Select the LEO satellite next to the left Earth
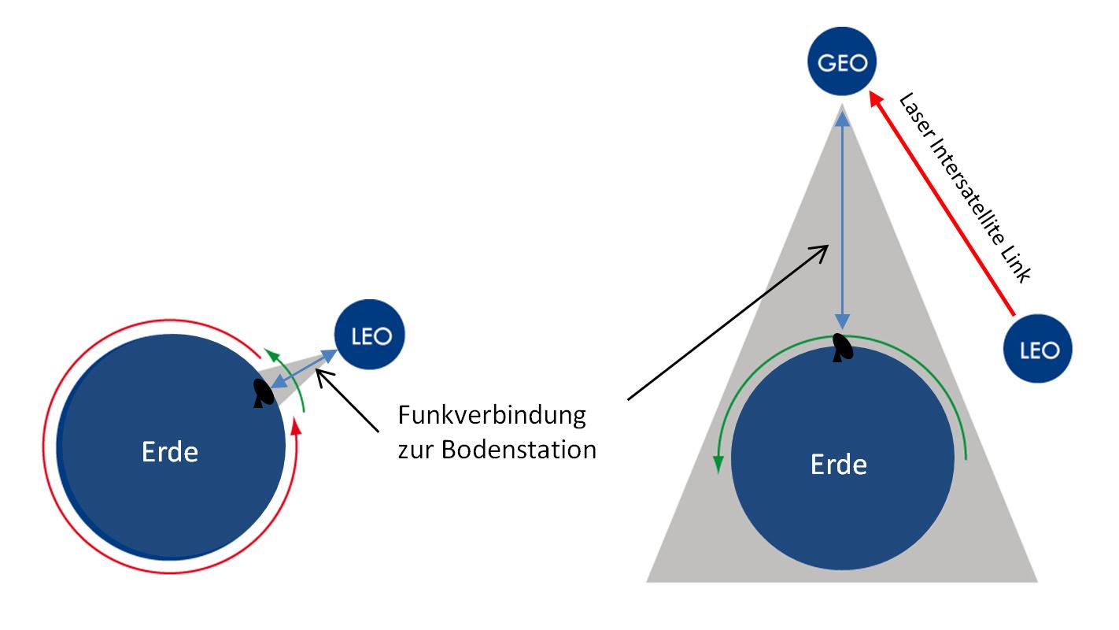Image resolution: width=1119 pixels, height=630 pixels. point(369,336)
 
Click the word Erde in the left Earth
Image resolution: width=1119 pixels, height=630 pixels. point(170,454)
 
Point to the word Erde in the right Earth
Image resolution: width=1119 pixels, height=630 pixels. point(839,465)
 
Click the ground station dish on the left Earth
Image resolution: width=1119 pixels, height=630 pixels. point(263,391)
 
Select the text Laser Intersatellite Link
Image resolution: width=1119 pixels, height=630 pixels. point(966,185)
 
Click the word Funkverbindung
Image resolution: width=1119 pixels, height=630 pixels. point(492,416)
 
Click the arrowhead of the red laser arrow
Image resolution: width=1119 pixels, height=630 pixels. point(876,98)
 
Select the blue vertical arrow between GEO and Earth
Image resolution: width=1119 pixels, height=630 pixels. point(843,220)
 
